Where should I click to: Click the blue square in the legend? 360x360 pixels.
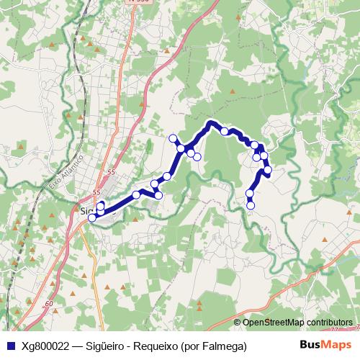pyautogui.click(x=9, y=346)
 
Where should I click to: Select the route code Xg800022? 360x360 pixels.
pyautogui.click(x=45, y=346)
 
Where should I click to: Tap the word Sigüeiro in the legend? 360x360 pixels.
pyautogui.click(x=107, y=346)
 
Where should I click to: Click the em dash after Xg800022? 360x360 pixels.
pyautogui.click(x=77, y=346)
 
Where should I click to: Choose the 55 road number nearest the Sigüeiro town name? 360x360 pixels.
pyautogui.click(x=97, y=193)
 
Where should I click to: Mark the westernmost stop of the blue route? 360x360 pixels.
pyautogui.click(x=91, y=217)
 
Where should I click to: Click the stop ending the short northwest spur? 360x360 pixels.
pyautogui.click(x=173, y=138)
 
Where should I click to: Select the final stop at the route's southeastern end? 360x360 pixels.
pyautogui.click(x=251, y=205)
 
